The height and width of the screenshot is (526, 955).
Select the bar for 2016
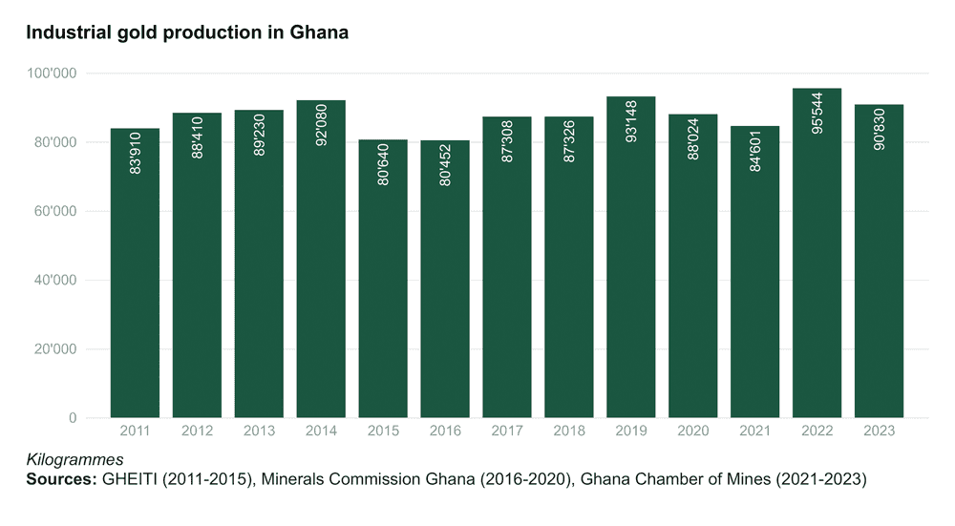point(445,286)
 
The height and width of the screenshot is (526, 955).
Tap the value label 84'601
point(755,154)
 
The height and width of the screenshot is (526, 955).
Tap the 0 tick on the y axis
point(73,418)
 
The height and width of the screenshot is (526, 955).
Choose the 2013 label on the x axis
point(259,431)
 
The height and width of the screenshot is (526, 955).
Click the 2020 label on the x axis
point(693,431)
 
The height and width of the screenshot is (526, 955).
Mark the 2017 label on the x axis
point(507,431)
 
